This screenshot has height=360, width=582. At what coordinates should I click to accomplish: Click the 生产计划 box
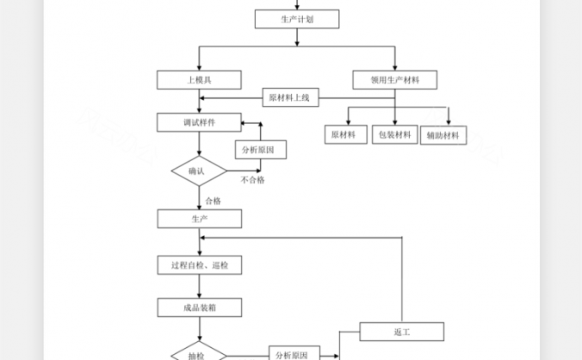(x=297, y=19)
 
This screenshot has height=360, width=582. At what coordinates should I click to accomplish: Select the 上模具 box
(x=199, y=80)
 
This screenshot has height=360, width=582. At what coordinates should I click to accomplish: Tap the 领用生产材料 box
(x=395, y=80)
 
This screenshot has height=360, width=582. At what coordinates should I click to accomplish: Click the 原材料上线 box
(x=290, y=98)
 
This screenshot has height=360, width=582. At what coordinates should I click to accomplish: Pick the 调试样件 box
(x=199, y=122)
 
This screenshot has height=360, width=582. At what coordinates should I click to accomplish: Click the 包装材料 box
(x=394, y=134)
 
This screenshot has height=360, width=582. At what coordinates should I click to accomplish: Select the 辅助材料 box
(x=443, y=135)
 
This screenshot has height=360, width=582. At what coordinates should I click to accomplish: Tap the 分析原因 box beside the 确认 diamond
(x=260, y=149)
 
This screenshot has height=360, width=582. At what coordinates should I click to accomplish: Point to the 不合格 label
(x=252, y=180)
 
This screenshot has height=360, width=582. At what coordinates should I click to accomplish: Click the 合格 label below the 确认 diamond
(x=213, y=201)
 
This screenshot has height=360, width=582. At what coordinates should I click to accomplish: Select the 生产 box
(x=199, y=219)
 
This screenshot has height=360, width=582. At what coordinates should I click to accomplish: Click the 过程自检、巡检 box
(x=199, y=264)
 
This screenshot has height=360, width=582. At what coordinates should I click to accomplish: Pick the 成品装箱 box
(x=199, y=307)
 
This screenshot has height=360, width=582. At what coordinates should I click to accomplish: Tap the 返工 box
(x=401, y=332)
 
